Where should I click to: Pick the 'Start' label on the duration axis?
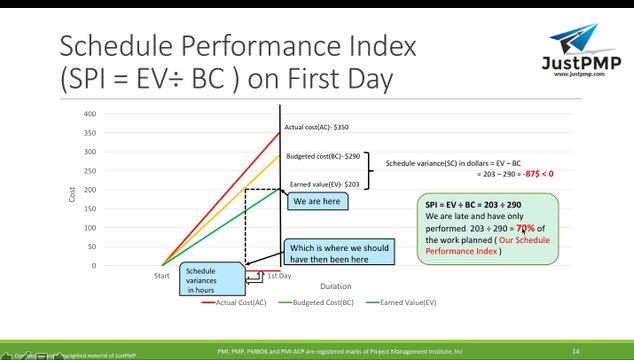161,274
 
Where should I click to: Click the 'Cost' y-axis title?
72,193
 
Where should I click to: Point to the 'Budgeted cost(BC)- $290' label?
323,157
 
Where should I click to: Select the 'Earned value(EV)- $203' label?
325,185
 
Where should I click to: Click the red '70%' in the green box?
525,228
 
